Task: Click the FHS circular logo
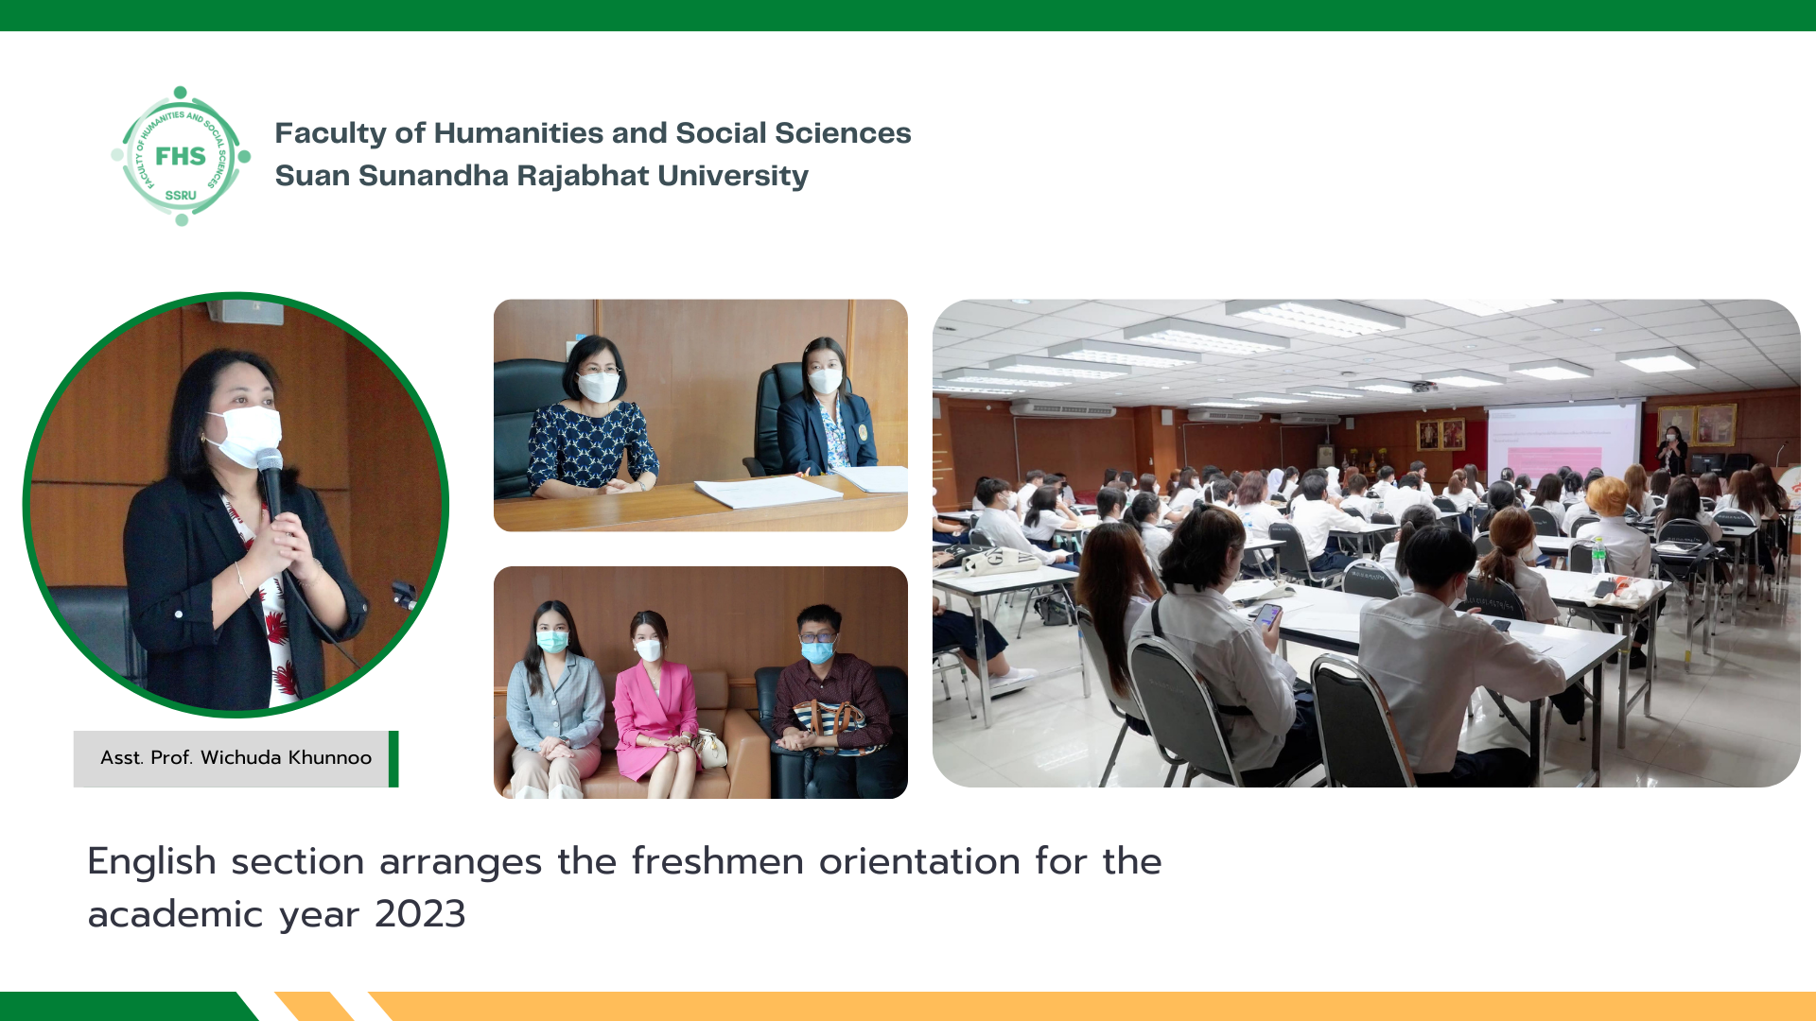(x=181, y=156)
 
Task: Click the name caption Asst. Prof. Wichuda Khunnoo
(x=236, y=757)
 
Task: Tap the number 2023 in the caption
(x=420, y=914)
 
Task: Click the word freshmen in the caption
(x=718, y=861)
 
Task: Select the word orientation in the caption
(x=919, y=861)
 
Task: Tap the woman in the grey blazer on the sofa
(x=554, y=700)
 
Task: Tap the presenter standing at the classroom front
(x=1671, y=451)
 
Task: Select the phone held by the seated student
(x=1267, y=616)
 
